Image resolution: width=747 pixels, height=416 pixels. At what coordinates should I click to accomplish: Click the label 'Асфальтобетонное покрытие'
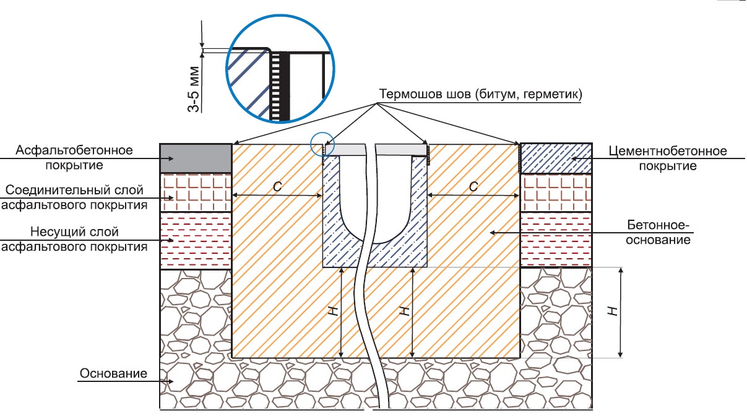pos(75,158)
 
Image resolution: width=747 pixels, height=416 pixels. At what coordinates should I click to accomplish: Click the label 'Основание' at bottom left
pos(113,373)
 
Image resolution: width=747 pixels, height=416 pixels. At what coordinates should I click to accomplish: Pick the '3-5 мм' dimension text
pos(194,89)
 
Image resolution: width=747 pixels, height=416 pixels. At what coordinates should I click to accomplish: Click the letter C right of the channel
pos(473,186)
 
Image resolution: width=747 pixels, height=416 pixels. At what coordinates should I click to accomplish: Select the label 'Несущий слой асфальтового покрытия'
pos(74,239)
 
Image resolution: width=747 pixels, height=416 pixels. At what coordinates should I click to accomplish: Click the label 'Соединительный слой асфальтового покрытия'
pos(74,197)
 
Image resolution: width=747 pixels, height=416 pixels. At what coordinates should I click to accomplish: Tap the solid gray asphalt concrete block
pos(195,158)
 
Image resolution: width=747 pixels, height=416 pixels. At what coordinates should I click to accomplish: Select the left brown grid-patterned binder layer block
pos(195,192)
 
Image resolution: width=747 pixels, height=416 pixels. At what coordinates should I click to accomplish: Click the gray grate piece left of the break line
pos(348,150)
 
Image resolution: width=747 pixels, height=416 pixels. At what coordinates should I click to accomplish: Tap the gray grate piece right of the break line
pos(402,150)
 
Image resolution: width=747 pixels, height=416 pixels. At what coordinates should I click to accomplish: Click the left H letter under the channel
pos(335,313)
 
